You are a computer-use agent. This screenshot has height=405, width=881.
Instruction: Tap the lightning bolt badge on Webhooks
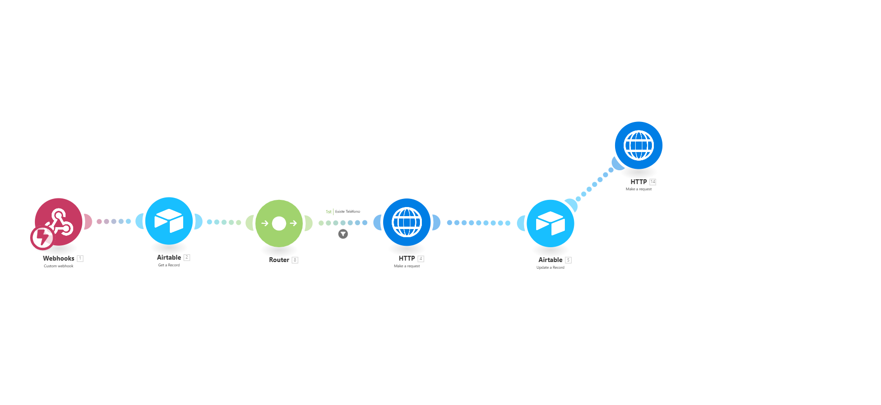point(42,238)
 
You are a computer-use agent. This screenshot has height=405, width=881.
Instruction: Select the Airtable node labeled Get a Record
point(169,221)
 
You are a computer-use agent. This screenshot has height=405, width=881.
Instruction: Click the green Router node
point(279,223)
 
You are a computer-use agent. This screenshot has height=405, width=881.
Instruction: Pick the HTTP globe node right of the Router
point(407,222)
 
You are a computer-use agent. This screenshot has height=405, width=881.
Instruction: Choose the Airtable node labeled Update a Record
point(550,223)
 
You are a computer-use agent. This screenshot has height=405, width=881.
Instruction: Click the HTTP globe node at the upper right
point(639,145)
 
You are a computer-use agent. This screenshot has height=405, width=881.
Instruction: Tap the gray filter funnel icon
point(343,234)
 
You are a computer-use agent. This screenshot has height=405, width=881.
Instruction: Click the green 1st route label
point(329,211)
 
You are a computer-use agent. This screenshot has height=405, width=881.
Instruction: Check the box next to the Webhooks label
point(80,259)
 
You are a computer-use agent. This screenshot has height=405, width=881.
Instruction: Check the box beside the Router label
point(295,260)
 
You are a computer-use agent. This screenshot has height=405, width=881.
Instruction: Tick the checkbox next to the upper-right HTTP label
point(653,182)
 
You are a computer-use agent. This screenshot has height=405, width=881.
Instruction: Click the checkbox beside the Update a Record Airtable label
point(569,260)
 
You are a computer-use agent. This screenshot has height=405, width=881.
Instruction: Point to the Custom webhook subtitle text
point(59,266)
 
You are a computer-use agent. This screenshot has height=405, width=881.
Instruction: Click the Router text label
point(279,260)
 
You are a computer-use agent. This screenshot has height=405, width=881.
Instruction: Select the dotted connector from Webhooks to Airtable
point(114,221)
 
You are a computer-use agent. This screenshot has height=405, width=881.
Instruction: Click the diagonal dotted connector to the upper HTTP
point(595,184)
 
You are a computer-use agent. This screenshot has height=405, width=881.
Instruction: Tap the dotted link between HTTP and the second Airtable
point(478,223)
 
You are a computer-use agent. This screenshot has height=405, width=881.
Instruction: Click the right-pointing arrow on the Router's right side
point(293,223)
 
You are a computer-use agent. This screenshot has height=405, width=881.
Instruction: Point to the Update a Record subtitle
point(551,268)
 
